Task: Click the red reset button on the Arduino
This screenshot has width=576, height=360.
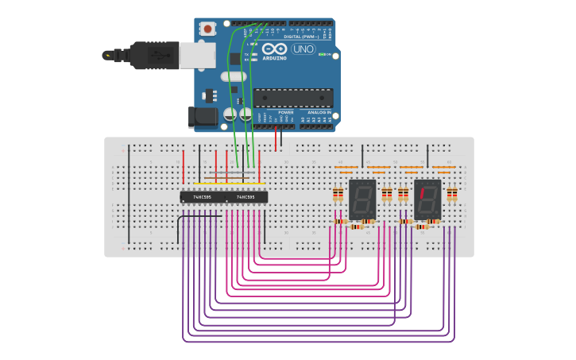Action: click(x=208, y=29)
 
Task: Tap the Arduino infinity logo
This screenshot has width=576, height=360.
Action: click(x=274, y=49)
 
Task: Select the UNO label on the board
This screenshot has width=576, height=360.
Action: click(x=303, y=49)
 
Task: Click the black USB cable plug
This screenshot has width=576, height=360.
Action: click(x=143, y=56)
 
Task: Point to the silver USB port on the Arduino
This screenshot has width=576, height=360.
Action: click(x=198, y=55)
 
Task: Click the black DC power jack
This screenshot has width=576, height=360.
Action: click(x=202, y=117)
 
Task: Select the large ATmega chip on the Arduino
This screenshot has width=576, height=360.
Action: click(x=293, y=98)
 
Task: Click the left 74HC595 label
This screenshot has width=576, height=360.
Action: click(x=202, y=197)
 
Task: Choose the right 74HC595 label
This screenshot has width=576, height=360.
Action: click(x=245, y=197)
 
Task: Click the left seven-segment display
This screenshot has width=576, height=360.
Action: click(x=362, y=199)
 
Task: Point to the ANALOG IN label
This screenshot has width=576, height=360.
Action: click(x=319, y=113)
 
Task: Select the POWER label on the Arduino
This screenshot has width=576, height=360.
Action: click(x=286, y=113)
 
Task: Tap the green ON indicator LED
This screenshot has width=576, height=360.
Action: click(x=324, y=54)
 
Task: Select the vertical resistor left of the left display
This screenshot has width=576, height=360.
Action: click(x=338, y=195)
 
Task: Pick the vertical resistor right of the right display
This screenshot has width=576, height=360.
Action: click(x=452, y=195)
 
